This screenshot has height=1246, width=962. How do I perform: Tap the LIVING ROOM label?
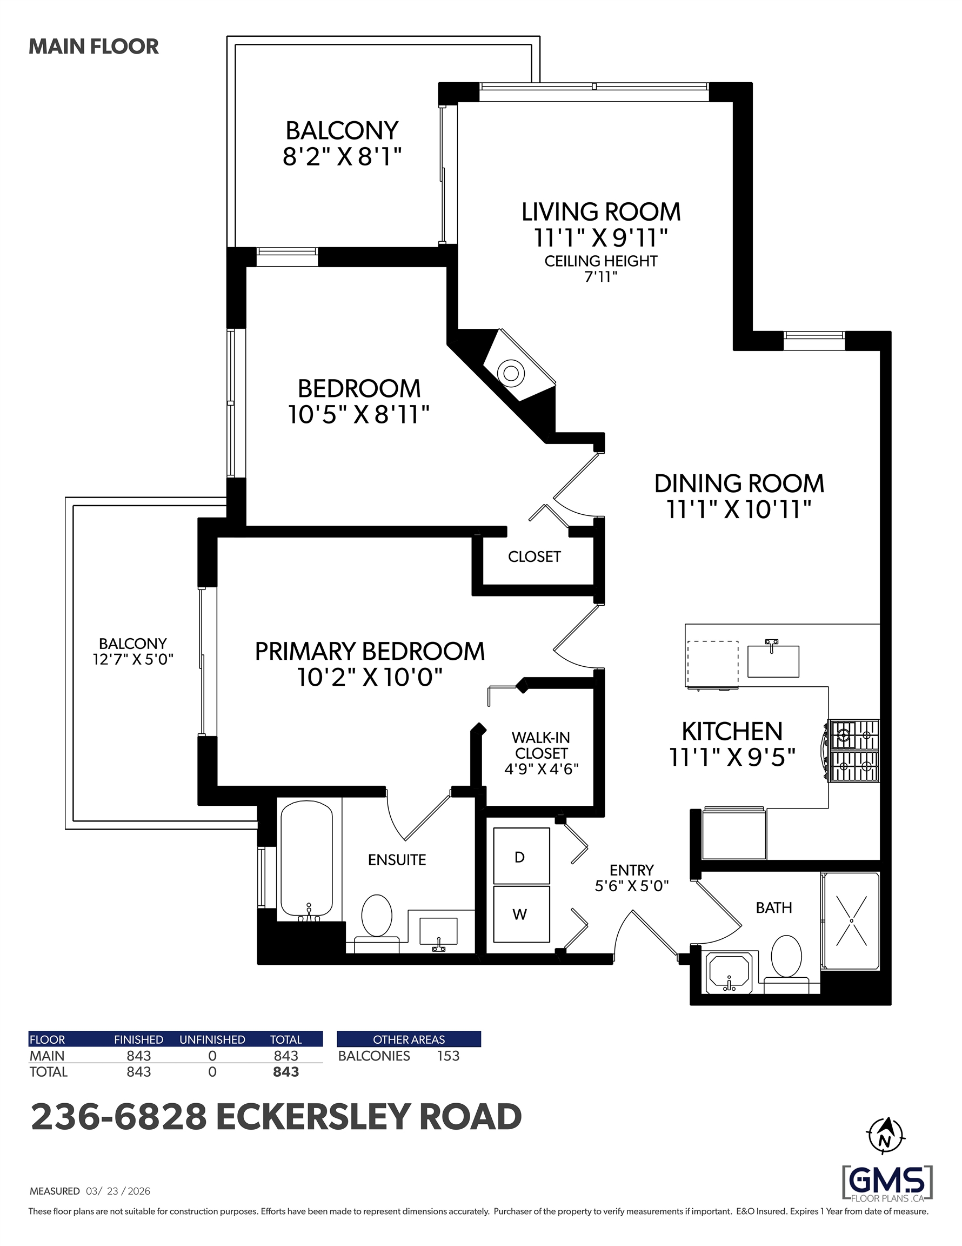601,212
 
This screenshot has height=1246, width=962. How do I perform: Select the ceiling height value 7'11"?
601,277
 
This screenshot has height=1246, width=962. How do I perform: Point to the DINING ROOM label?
739,484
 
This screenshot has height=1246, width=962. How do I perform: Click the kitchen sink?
773,661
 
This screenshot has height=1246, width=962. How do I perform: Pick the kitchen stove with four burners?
854,750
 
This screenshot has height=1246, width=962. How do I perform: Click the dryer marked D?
521,856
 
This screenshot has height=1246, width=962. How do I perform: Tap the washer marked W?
521,914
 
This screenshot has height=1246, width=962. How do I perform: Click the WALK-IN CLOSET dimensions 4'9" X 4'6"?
541,770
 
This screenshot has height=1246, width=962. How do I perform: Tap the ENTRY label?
631,870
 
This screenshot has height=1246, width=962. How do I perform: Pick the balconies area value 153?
448,1056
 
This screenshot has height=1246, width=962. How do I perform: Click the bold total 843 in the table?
286,1072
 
